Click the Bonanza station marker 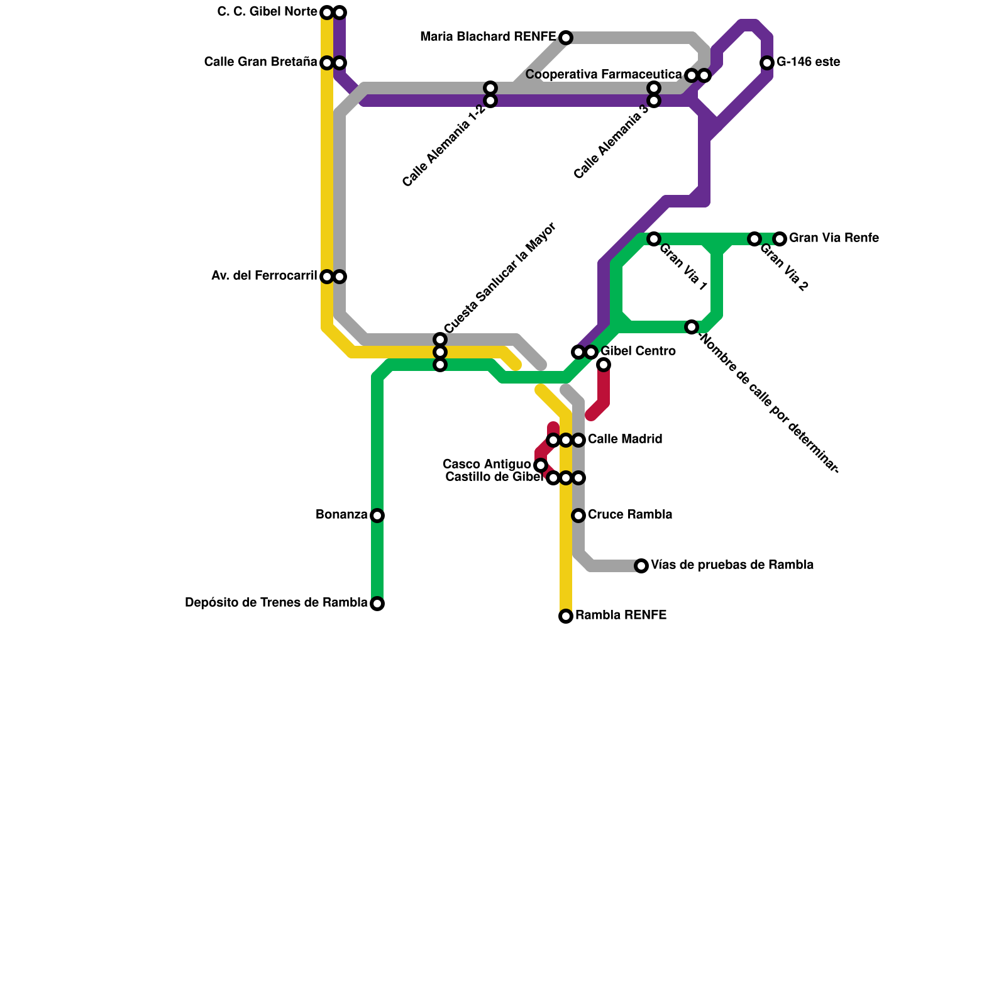[x=377, y=516]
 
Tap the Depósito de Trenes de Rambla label [x=276, y=603]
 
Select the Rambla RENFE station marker [x=566, y=616]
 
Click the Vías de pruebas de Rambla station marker [x=641, y=566]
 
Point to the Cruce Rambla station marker [x=578, y=516]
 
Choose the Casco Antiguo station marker [x=541, y=465]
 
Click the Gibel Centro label [x=638, y=351]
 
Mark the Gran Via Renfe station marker [x=780, y=239]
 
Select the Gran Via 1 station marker [x=654, y=239]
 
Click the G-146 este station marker [x=767, y=63]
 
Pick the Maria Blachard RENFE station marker [x=566, y=38]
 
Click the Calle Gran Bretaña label [x=260, y=62]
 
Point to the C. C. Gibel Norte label [x=267, y=12]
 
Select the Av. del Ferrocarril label [x=264, y=276]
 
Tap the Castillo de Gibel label [x=494, y=477]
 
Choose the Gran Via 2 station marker [x=754, y=239]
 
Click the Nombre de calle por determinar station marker [x=692, y=327]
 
